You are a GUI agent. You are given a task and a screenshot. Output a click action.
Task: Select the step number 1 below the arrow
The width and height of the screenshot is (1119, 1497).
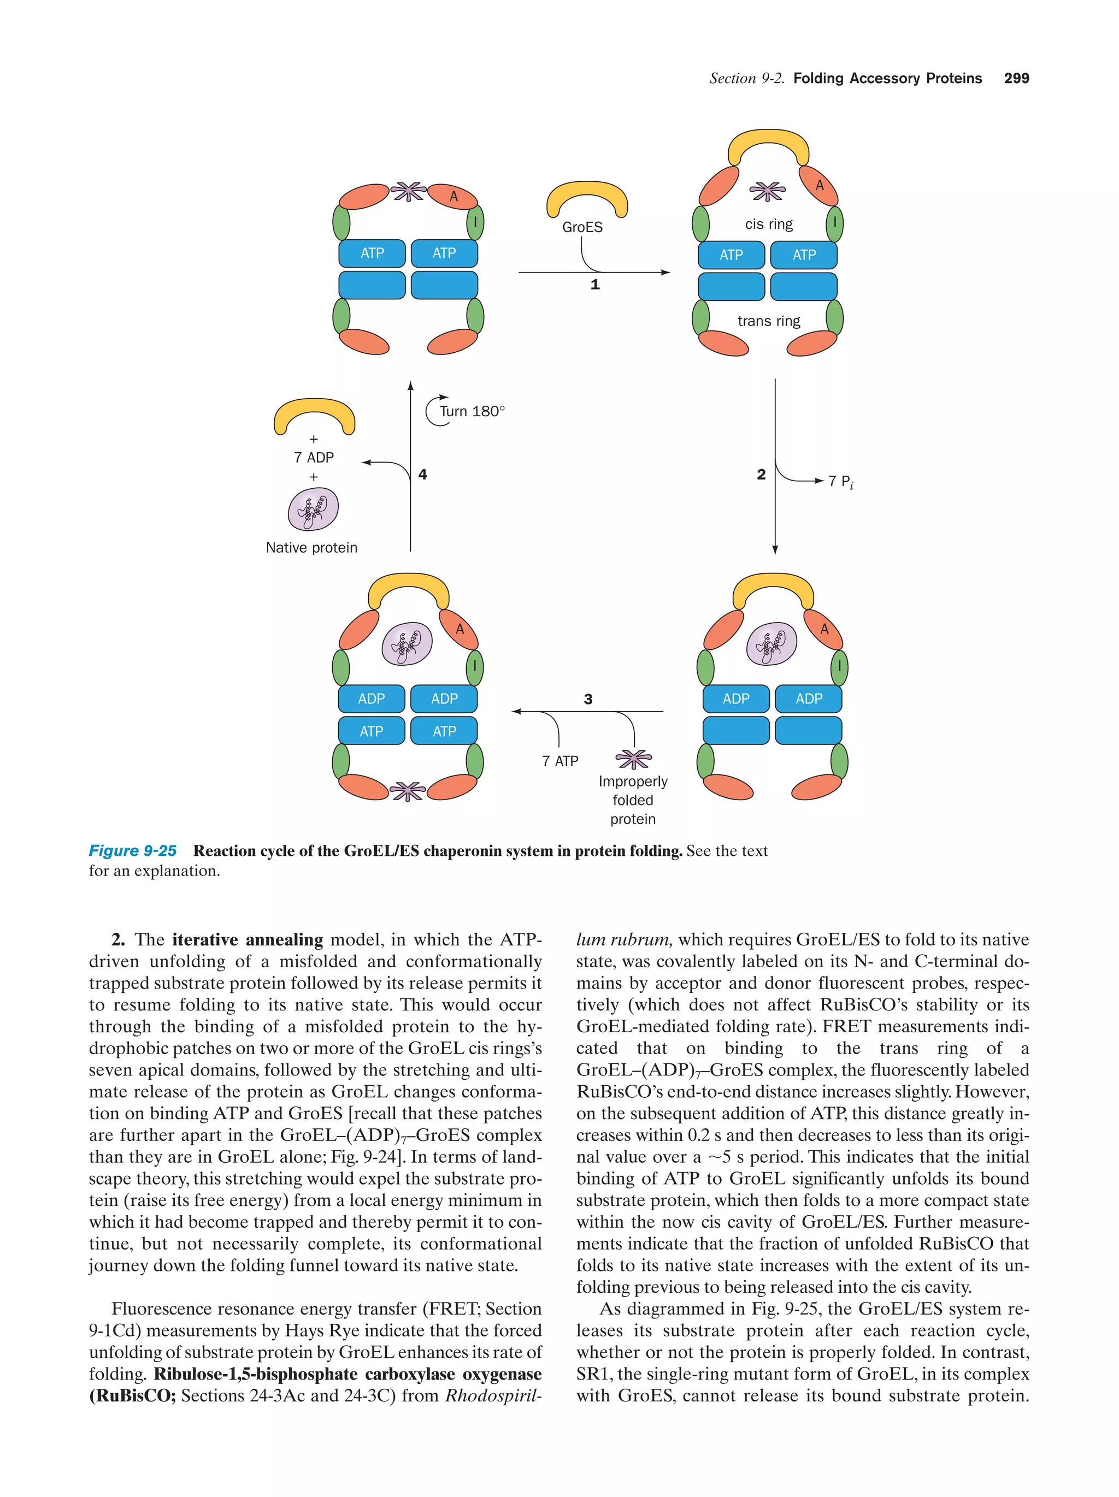[594, 285]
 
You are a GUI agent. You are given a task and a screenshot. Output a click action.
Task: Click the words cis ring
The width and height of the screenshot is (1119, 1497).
[768, 224]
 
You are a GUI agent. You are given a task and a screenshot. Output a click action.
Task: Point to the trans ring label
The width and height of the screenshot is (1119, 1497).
[768, 321]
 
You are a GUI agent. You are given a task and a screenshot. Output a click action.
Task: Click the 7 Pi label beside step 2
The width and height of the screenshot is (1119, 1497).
[840, 482]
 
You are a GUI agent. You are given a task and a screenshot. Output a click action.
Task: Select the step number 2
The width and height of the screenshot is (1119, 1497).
[761, 475]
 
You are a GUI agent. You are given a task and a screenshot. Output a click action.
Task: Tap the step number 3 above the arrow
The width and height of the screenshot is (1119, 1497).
[587, 699]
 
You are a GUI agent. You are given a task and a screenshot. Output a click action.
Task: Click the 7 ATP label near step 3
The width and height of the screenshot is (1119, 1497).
[560, 761]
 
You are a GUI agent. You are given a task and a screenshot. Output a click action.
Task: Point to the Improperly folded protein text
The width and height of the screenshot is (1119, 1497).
[632, 800]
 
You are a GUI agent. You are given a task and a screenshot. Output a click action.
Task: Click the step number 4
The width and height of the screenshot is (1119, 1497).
[422, 475]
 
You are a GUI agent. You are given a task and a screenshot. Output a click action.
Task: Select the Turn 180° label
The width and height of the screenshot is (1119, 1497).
[472, 411]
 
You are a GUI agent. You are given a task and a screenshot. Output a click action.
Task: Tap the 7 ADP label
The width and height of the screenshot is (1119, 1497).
[314, 458]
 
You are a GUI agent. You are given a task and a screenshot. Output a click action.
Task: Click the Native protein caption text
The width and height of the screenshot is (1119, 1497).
[311, 547]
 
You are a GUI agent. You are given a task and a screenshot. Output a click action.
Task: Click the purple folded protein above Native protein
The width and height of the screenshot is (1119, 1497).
[313, 509]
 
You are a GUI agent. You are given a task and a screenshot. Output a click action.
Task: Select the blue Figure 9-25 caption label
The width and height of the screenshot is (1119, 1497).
[133, 851]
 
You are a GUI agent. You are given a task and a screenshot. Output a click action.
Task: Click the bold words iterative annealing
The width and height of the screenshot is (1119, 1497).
[247, 939]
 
